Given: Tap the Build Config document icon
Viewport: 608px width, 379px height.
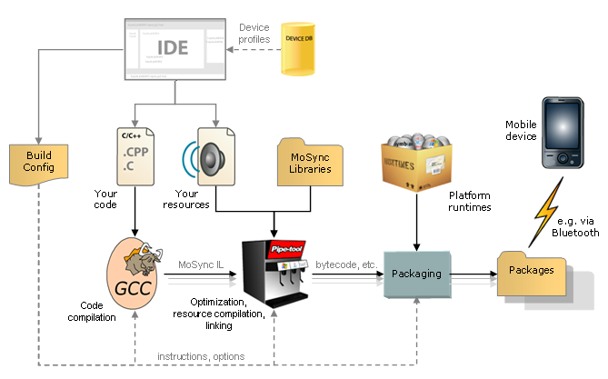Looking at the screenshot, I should click(x=39, y=162).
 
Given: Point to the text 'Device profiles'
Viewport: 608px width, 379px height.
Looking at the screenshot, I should click(x=254, y=34).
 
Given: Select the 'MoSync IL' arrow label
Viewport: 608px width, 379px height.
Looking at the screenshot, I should click(x=200, y=264).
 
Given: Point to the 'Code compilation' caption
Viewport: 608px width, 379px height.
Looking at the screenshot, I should click(x=92, y=312).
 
